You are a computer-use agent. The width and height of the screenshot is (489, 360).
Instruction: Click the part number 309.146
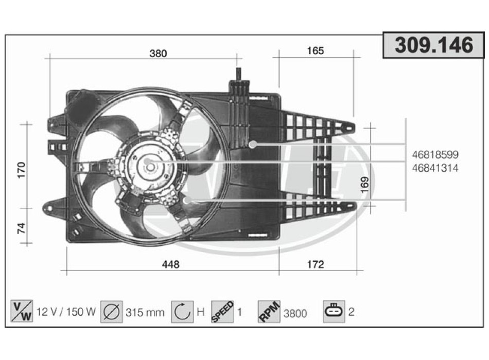pyautogui.click(x=434, y=45)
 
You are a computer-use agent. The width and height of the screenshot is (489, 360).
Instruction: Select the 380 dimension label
pyautogui.click(x=159, y=53)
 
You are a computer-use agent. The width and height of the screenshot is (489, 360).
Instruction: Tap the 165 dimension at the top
pyautogui.click(x=316, y=51)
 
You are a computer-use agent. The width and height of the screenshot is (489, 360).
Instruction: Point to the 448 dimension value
pyautogui.click(x=170, y=265)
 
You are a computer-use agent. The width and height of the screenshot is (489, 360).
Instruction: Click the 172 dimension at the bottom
pyautogui.click(x=316, y=265)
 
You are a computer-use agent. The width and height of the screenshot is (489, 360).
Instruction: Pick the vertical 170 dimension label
pyautogui.click(x=21, y=170)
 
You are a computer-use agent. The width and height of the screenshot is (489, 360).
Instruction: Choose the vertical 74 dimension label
pyautogui.click(x=21, y=228)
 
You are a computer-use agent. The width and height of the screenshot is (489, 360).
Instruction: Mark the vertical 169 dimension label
pyautogui.click(x=364, y=185)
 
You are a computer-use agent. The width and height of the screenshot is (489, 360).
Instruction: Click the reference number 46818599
pyautogui.click(x=435, y=155)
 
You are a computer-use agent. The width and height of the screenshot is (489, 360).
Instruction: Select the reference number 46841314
pyautogui.click(x=435, y=168)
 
